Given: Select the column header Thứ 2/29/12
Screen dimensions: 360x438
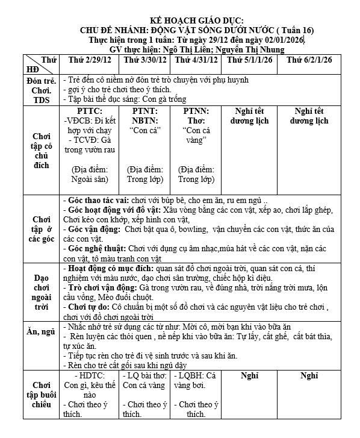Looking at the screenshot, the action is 90,61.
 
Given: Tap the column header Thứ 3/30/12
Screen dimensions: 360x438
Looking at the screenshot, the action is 146,61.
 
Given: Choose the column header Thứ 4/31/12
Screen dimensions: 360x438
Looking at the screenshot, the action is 196,61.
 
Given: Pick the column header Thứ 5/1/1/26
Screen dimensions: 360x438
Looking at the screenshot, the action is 248,61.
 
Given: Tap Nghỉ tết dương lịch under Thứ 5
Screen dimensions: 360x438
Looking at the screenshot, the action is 248,116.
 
